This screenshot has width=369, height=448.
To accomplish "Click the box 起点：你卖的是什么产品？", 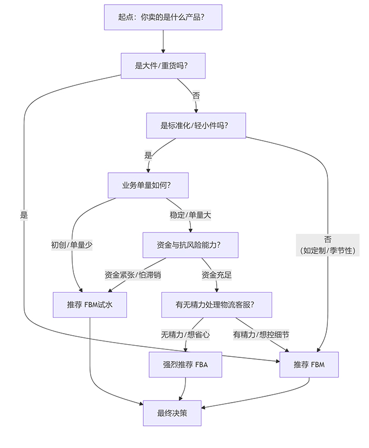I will pyautogui.click(x=163, y=17).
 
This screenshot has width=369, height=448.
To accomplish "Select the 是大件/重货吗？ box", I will pyautogui.click(x=162, y=66).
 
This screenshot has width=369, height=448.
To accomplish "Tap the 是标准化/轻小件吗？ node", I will pyautogui.click(x=196, y=125).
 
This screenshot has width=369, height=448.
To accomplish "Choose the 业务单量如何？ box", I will pyautogui.click(x=148, y=185).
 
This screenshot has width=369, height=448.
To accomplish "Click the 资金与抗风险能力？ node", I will pyautogui.click(x=190, y=245).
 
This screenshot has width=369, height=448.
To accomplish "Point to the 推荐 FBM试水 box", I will pyautogui.click(x=90, y=305).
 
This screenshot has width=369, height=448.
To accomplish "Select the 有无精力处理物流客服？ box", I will pyautogui.click(x=216, y=305).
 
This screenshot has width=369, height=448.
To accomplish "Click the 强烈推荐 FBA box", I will pyautogui.click(x=185, y=364).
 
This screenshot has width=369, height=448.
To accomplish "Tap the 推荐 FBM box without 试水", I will pyautogui.click(x=309, y=364).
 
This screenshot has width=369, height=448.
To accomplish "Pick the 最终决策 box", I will pyautogui.click(x=172, y=413).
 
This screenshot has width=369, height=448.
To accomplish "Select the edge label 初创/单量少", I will pyautogui.click(x=72, y=245).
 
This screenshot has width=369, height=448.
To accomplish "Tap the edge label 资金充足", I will pyautogui.click(x=217, y=275).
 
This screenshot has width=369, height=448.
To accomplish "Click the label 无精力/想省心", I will pyautogui.click(x=185, y=334).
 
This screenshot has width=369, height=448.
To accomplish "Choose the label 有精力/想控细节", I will pyautogui.click(x=260, y=334).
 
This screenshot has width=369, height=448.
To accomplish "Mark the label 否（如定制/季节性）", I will pyautogui.click(x=327, y=245).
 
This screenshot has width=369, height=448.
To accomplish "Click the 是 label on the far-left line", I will pyautogui.click(x=24, y=215).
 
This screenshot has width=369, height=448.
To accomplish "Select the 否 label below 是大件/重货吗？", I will pyautogui.click(x=196, y=95).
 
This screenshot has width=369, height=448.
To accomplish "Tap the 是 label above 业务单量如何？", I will pyautogui.click(x=148, y=155).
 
